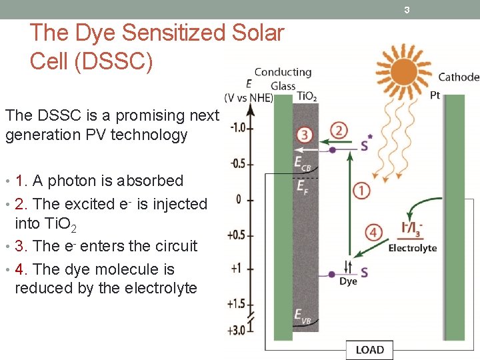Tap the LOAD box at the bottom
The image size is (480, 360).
[x=369, y=349]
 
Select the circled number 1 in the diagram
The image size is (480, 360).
[x=361, y=191]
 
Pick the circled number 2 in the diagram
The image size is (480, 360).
[x=339, y=130]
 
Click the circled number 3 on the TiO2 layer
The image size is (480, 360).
[x=305, y=134]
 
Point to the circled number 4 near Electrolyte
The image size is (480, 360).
[x=374, y=233]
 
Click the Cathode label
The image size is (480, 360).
[x=459, y=77]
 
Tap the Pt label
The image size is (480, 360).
[x=435, y=95]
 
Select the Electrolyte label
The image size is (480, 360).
[x=413, y=248]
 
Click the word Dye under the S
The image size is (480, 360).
[x=348, y=281]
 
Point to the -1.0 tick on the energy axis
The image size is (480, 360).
[x=238, y=127]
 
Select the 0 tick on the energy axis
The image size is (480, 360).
[x=239, y=199]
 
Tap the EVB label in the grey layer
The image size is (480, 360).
[x=303, y=316]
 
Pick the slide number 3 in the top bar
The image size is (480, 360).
[x=406, y=9]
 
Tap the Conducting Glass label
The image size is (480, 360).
[x=283, y=78]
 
